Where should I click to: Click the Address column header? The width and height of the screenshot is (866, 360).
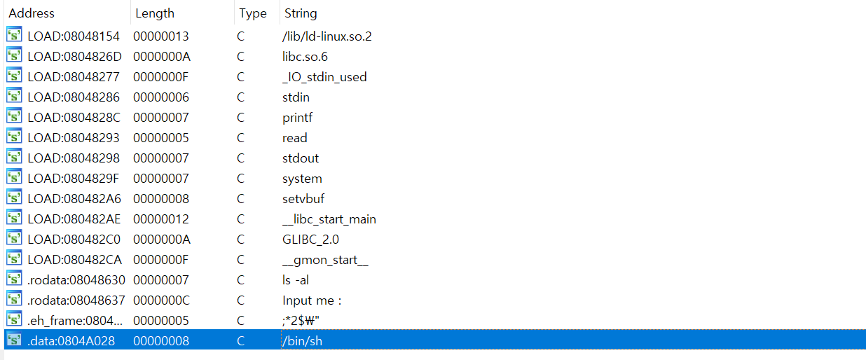[32, 13]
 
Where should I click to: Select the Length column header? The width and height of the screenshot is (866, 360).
[155, 13]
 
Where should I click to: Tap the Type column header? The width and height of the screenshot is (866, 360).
[253, 13]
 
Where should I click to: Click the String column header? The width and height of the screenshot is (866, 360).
[301, 13]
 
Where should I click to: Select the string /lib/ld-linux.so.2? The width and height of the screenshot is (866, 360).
[327, 36]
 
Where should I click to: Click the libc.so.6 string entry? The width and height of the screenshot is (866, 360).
[305, 56]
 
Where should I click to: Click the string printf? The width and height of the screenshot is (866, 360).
[297, 117]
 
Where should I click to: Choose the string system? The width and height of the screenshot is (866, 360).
[302, 179]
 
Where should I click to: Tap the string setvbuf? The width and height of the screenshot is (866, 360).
[303, 199]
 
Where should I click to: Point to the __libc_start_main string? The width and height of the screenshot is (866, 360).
[329, 219]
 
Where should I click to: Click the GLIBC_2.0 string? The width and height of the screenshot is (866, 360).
[310, 240]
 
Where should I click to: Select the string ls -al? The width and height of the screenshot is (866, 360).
[296, 280]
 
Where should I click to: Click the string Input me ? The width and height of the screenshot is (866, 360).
[312, 300]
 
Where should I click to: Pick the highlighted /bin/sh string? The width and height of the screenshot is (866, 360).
[302, 341]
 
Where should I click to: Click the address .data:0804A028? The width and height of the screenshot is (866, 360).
[71, 341]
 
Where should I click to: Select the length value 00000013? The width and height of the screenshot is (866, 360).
[161, 36]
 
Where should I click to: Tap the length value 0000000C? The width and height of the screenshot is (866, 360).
[161, 300]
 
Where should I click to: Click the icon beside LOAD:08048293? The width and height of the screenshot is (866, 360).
[14, 137]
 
